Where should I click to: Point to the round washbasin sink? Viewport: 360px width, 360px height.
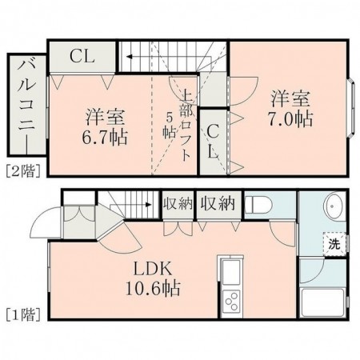(331, 208)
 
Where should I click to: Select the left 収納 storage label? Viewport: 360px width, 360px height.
(179, 203)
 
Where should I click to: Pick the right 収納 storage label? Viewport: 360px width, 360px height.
(217, 203)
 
